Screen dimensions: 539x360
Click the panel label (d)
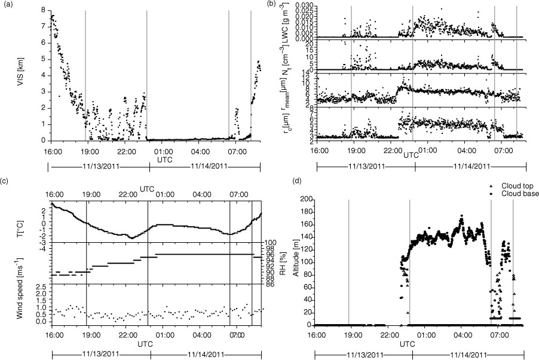point(295,181)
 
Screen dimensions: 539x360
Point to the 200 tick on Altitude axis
point(307,199)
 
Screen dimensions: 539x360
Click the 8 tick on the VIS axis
point(43,10)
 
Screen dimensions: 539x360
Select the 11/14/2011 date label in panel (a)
point(209,166)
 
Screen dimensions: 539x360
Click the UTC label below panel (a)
point(164,159)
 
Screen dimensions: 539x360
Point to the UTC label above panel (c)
point(147,188)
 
